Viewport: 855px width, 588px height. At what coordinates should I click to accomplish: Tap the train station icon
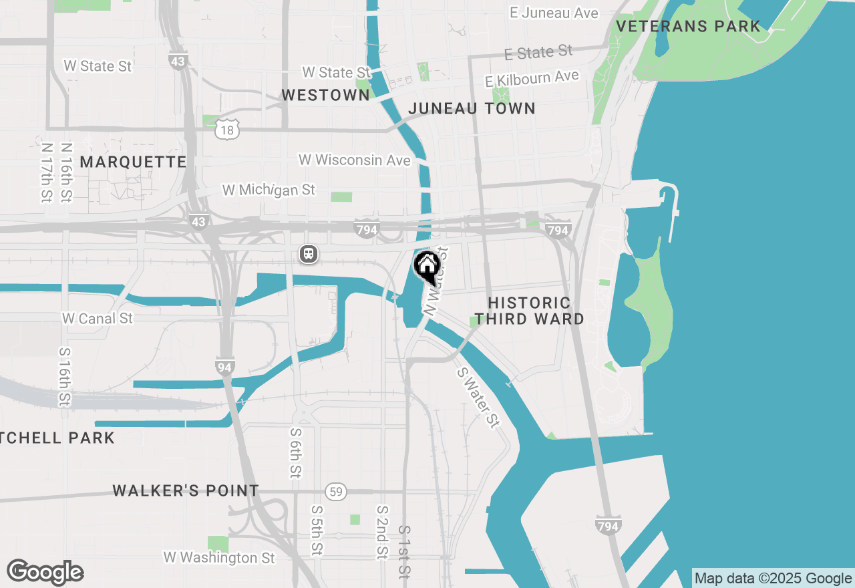pyautogui.click(x=308, y=254)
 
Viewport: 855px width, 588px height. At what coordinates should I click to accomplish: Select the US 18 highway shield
pyautogui.click(x=227, y=130)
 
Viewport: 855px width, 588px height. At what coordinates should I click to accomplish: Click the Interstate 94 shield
pyautogui.click(x=224, y=365)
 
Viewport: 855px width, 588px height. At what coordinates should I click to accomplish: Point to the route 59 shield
pyautogui.click(x=337, y=492)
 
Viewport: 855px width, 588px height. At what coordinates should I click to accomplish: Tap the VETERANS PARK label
pyautogui.click(x=688, y=27)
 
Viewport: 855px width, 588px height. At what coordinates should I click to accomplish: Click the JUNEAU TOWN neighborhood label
pyautogui.click(x=472, y=108)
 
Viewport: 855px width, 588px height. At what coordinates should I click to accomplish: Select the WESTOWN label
pyautogui.click(x=325, y=96)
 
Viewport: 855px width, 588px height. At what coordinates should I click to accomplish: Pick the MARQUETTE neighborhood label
pyautogui.click(x=133, y=162)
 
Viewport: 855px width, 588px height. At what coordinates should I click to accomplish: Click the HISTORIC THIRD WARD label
pyautogui.click(x=529, y=311)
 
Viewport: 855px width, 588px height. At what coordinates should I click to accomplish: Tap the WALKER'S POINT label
pyautogui.click(x=186, y=491)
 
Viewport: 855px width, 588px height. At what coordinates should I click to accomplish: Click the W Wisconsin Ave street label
pyautogui.click(x=354, y=160)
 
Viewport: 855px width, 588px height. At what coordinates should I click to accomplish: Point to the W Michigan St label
pyautogui.click(x=269, y=190)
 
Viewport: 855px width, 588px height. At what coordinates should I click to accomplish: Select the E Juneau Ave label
pyautogui.click(x=554, y=13)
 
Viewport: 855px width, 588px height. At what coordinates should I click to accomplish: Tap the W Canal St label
pyautogui.click(x=98, y=319)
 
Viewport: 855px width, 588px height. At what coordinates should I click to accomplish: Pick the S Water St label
pyautogui.click(x=478, y=398)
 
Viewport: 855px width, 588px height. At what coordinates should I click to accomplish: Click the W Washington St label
pyautogui.click(x=219, y=557)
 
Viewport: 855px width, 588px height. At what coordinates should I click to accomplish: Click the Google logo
pyautogui.click(x=45, y=573)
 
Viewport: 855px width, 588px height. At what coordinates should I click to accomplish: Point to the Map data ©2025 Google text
pyautogui.click(x=773, y=579)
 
